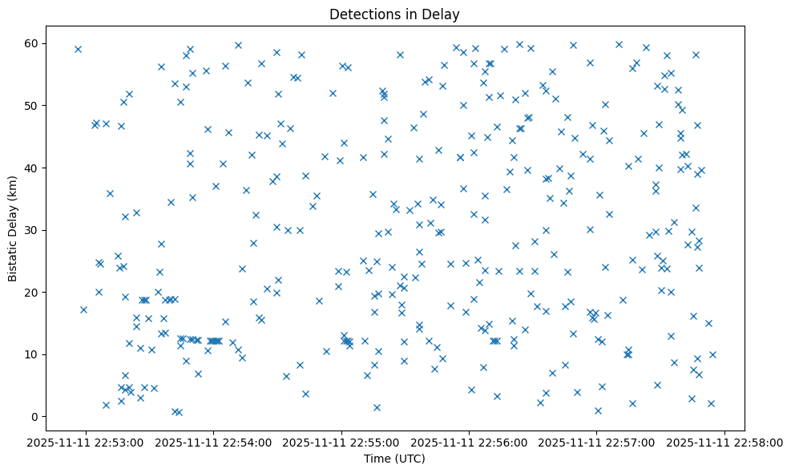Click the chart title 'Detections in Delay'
click(x=395, y=14)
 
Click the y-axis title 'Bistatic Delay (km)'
click(x=14, y=230)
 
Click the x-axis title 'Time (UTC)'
click(x=395, y=459)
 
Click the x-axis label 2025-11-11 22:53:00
click(x=86, y=442)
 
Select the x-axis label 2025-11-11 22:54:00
click(x=214, y=442)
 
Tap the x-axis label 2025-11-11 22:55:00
click(x=341, y=442)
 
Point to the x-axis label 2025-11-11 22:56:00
click(x=470, y=442)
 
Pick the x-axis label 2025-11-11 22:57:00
click(x=597, y=442)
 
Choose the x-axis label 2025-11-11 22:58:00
click(x=725, y=442)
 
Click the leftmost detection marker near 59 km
click(x=78, y=49)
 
